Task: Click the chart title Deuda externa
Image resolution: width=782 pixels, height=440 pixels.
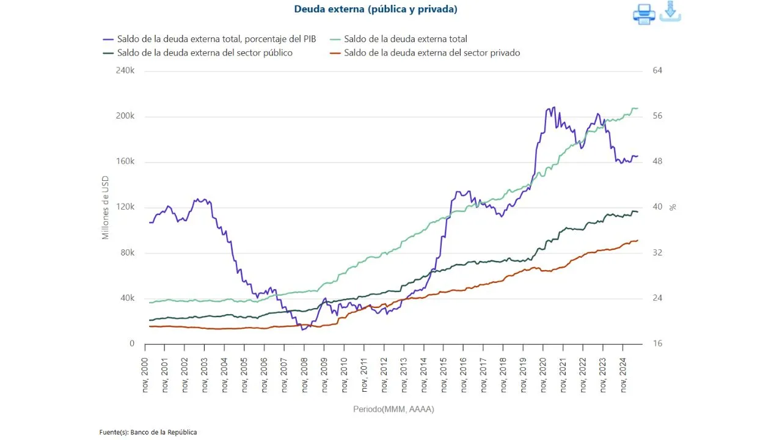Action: [375, 9]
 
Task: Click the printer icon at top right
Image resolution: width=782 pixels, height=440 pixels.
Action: [644, 13]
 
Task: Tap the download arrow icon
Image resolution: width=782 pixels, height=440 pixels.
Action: [670, 11]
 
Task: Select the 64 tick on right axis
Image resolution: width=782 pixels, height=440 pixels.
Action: [657, 71]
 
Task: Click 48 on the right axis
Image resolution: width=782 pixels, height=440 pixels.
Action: [657, 162]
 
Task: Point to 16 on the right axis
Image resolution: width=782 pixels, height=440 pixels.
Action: [657, 344]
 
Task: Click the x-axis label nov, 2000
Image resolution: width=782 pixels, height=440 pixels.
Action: [145, 375]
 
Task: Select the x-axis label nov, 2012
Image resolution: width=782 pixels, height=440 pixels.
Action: [384, 375]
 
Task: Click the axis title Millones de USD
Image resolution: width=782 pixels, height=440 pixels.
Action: [105, 207]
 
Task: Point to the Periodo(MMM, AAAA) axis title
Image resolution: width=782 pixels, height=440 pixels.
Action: [393, 409]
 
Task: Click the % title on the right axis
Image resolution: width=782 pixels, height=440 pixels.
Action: [673, 207]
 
